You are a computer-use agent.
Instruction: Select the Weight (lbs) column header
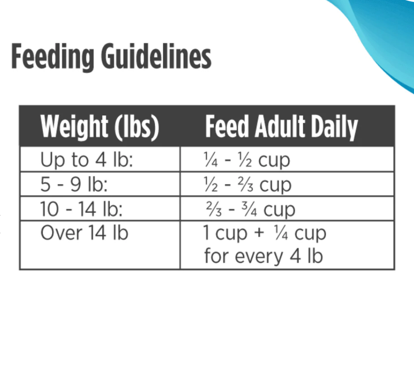(100, 127)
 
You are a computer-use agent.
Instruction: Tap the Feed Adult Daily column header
(281, 127)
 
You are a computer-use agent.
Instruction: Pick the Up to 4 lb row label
(87, 160)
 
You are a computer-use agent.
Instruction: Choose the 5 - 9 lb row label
(74, 184)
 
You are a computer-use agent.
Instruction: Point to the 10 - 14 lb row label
(81, 209)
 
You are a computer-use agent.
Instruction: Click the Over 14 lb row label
(84, 233)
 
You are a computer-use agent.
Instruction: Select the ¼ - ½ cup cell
(247, 160)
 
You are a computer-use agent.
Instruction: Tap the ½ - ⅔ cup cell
(247, 185)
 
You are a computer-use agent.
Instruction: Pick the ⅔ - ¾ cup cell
(250, 209)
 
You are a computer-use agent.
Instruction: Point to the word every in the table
(259, 257)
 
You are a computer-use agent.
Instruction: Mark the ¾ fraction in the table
(249, 209)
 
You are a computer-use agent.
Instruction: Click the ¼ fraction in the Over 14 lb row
(281, 233)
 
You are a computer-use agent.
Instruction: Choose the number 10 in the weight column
(49, 209)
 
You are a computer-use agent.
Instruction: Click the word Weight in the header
(74, 127)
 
